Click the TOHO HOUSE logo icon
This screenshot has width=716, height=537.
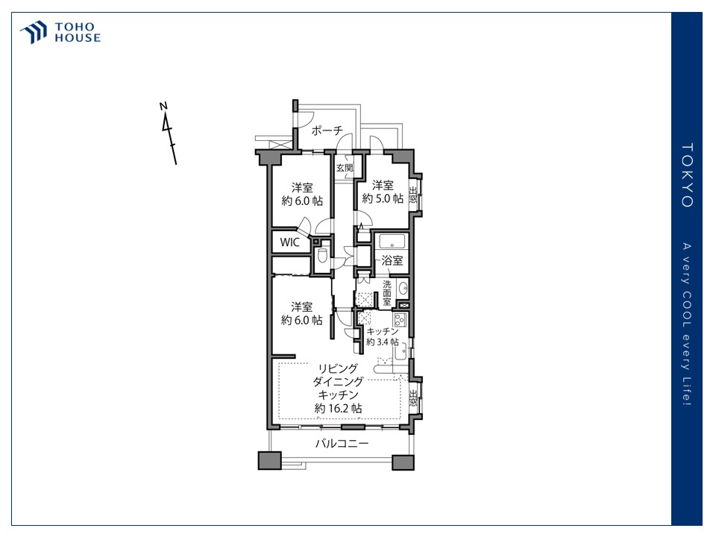pos(34,32)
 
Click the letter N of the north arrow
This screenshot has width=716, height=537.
pos(163,106)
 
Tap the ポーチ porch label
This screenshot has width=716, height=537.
pos(327,131)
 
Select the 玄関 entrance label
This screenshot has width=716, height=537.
pos(345,168)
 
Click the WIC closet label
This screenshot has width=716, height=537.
pos(290,242)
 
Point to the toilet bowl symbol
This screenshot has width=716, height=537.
pos(322,256)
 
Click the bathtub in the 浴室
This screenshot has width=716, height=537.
pos(392,241)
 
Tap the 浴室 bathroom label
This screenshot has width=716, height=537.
pos(392,260)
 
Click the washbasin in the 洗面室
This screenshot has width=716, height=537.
pos(402,288)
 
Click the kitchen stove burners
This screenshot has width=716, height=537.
pos(400,318)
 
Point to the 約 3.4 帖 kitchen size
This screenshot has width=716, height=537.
pos(382,342)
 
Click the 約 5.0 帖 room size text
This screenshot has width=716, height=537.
pos(383,198)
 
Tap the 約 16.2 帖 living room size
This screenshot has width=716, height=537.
pos(339,408)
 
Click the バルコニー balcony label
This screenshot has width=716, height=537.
pos(342,443)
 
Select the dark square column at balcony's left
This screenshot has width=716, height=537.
pos(269,461)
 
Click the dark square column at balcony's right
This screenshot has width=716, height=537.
pos(403,462)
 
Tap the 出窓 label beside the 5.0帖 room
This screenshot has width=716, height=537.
pos(412,195)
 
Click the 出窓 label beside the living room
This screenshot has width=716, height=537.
pos(412,398)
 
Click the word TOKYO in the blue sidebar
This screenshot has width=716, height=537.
pos(687,175)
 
